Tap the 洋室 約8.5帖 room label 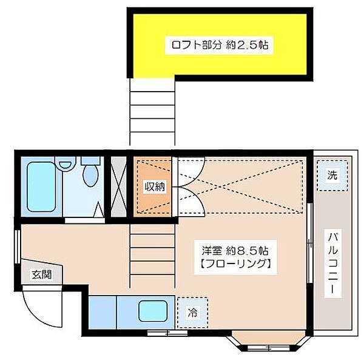[x=235, y=250]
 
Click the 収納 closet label [x=153, y=187]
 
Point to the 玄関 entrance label [x=41, y=274]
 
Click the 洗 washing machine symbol [x=332, y=175]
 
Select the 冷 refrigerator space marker [x=192, y=313]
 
